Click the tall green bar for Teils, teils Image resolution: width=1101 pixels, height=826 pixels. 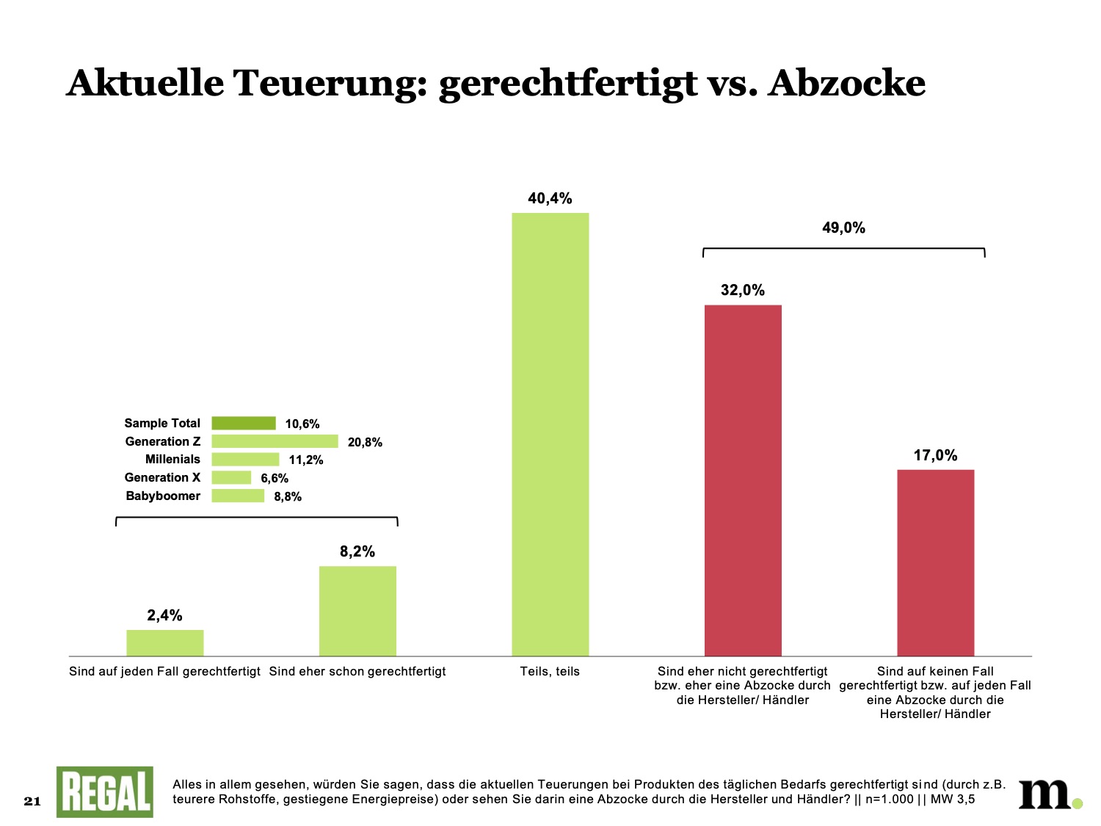click(550, 433)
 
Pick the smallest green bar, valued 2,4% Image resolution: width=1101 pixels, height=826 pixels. click(165, 642)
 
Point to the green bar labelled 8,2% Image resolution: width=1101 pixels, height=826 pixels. click(357, 610)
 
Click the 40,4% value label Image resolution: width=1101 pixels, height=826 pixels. click(550, 198)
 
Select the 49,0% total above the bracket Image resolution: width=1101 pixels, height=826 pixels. click(843, 228)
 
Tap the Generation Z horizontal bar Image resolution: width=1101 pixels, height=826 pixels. click(275, 441)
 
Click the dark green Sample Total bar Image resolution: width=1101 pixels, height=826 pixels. click(244, 423)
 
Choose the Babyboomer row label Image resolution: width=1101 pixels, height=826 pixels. click(163, 496)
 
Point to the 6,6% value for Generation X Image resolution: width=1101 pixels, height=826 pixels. click(275, 478)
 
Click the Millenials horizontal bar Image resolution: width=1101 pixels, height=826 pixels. click(245, 460)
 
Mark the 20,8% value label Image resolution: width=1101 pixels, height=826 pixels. click(365, 442)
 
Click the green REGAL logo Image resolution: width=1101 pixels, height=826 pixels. click(105, 791)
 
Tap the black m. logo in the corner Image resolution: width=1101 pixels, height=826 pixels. click(1048, 793)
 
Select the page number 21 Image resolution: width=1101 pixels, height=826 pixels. click(32, 801)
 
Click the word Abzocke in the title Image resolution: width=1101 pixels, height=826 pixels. click(846, 82)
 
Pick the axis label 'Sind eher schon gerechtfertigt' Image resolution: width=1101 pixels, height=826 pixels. click(357, 671)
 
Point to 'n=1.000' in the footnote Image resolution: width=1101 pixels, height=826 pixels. click(890, 800)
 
